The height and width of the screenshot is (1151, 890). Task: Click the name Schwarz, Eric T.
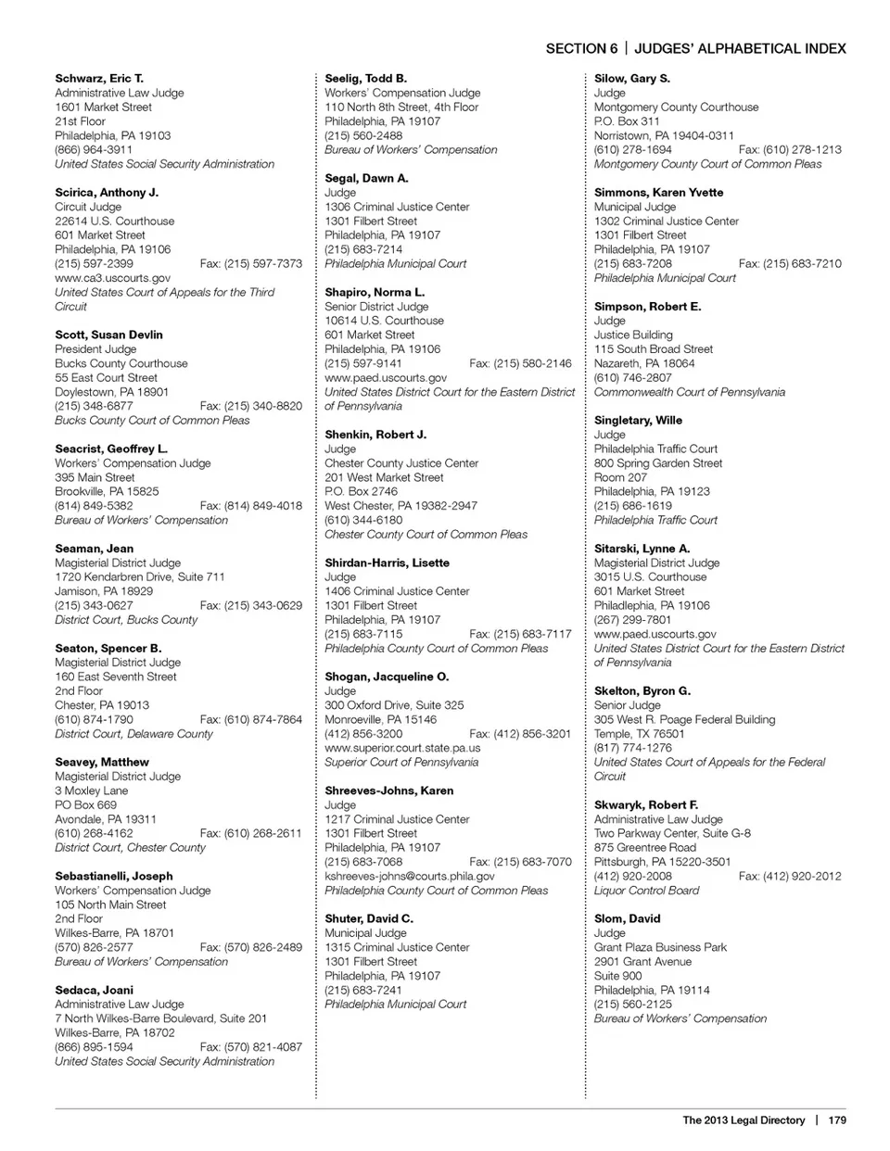point(99,79)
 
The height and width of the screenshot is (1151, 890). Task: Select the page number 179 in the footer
point(837,1119)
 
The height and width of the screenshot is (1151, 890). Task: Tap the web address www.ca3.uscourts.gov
point(112,278)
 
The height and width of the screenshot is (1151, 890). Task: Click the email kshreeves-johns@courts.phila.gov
point(409,876)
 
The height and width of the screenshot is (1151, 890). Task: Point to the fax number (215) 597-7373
point(250,264)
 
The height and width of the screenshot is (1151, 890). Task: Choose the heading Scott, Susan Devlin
point(108,335)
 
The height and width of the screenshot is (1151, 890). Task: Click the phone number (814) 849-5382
point(94,506)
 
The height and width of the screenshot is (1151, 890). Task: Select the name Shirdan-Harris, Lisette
point(387,563)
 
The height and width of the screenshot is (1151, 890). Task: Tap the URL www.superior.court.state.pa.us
point(402,748)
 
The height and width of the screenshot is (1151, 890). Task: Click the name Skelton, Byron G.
point(642,691)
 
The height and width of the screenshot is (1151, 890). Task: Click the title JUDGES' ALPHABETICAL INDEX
point(740,49)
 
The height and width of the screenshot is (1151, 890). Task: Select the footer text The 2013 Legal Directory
point(744,1119)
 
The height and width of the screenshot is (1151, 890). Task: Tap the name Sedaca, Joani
point(94,990)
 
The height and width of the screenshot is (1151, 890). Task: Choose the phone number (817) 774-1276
point(633,748)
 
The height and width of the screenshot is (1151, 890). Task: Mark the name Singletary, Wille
point(638,420)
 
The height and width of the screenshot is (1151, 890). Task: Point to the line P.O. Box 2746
point(361,491)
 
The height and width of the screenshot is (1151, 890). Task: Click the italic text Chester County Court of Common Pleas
point(426,535)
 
